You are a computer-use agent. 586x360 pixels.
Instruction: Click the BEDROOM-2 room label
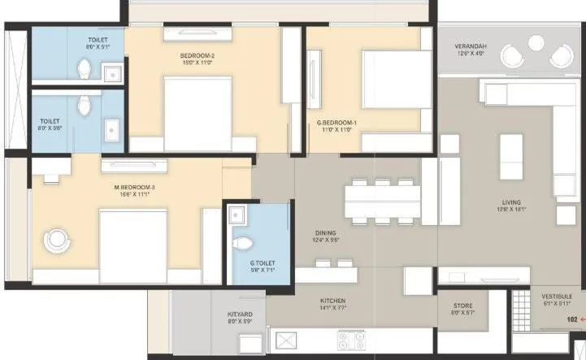point(197,56)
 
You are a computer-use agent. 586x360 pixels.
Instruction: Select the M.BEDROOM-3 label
point(134,187)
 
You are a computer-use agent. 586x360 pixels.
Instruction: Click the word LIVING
point(511,202)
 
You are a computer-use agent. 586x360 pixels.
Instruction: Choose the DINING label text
point(324,232)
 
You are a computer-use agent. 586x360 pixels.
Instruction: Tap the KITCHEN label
point(332,300)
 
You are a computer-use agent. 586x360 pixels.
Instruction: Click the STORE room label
point(463,306)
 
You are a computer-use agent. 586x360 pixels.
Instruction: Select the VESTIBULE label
point(558,297)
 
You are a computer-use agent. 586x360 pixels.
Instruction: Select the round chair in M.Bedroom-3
point(58,241)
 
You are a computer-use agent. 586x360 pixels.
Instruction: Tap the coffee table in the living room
point(510,154)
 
